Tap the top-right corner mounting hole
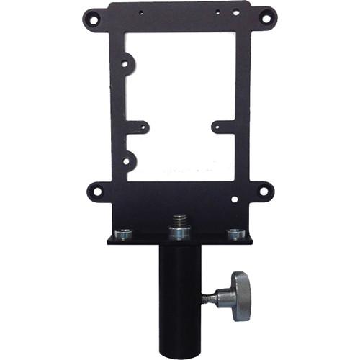[x=266, y=15]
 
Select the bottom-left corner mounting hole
[x=94, y=192]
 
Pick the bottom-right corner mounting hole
[x=266, y=192]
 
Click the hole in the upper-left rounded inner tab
[x=125, y=63]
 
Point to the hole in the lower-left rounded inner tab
[x=127, y=161]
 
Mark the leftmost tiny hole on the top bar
[x=141, y=13]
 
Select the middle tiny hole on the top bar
[x=217, y=12]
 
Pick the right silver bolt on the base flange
[x=235, y=233]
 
